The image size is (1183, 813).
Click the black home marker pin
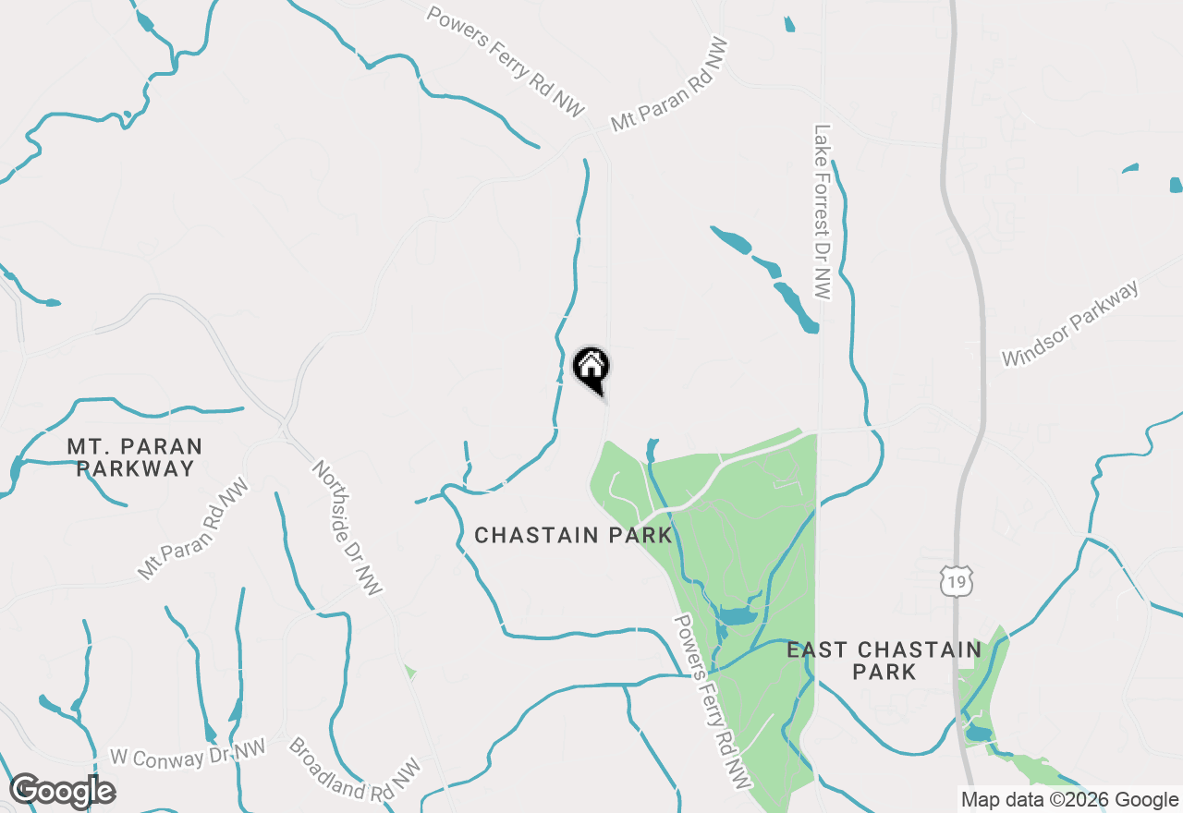[591, 369]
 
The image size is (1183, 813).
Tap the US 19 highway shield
[956, 581]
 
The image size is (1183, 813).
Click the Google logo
[62, 791]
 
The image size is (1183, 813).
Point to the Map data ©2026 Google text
[1069, 800]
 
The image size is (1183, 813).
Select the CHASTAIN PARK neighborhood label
[573, 536]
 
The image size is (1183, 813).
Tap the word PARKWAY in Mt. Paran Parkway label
[135, 468]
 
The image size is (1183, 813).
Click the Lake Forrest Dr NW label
[823, 211]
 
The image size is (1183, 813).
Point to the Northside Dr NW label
[347, 528]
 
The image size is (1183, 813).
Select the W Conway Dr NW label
[188, 756]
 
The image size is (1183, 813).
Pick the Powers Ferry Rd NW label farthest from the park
[506, 62]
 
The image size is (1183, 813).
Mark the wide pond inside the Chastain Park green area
[736, 616]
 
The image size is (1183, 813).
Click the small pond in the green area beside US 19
[977, 734]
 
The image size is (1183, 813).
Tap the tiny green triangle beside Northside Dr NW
[409, 672]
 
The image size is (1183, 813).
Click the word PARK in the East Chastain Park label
[884, 673]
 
